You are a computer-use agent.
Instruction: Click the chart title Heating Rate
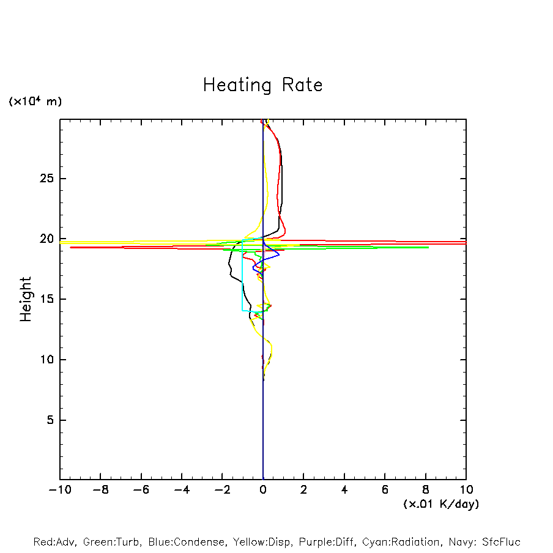tap(262, 85)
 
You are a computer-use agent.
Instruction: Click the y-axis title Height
tap(26, 299)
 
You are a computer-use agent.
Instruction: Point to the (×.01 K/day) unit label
tap(440, 504)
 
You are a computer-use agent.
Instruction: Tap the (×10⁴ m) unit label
tap(35, 102)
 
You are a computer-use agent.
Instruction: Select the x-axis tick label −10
tap(59, 490)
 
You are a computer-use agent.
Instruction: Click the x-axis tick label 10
tap(466, 490)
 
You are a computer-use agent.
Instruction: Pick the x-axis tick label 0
tap(263, 490)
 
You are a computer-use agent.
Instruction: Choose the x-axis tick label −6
tap(141, 490)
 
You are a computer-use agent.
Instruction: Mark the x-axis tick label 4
tap(344, 490)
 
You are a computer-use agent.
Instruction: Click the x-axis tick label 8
tap(425, 490)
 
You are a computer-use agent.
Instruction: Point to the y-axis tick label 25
tap(43, 179)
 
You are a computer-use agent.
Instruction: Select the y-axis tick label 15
tap(43, 299)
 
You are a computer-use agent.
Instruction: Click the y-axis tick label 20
tap(43, 239)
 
